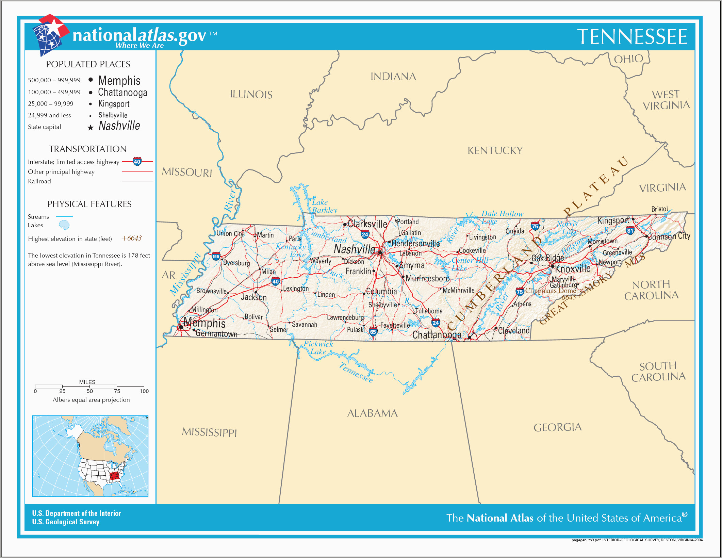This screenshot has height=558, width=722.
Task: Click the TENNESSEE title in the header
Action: pyautogui.click(x=632, y=37)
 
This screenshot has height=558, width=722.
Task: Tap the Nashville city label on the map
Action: pyautogui.click(x=354, y=249)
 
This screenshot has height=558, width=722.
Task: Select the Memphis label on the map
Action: pyautogui.click(x=204, y=323)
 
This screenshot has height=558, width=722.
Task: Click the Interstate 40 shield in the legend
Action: pyautogui.click(x=137, y=162)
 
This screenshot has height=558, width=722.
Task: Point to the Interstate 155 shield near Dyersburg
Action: pyautogui.click(x=216, y=257)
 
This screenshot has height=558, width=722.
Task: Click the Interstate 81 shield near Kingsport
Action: pyautogui.click(x=630, y=230)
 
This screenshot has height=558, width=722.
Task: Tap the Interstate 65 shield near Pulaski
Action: pyautogui.click(x=373, y=332)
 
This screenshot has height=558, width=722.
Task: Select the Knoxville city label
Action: pyautogui.click(x=573, y=269)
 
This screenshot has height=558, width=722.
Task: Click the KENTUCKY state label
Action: pyautogui.click(x=495, y=151)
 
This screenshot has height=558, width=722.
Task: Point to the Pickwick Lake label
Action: pyautogui.click(x=318, y=348)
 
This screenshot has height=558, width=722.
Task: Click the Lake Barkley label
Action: pyautogui.click(x=324, y=206)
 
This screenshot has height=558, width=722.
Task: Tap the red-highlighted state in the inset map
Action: pyautogui.click(x=116, y=476)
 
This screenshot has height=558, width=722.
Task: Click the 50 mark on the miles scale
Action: pyautogui.click(x=89, y=391)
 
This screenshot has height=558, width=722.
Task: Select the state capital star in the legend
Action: pyautogui.click(x=91, y=128)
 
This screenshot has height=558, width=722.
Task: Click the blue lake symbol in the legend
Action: pyautogui.click(x=64, y=225)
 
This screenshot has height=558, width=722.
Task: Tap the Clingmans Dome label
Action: pyautogui.click(x=550, y=291)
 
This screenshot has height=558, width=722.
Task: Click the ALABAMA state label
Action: pyautogui.click(x=372, y=413)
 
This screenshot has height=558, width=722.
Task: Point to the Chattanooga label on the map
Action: pyautogui.click(x=437, y=335)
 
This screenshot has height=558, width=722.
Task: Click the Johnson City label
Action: pyautogui.click(x=669, y=236)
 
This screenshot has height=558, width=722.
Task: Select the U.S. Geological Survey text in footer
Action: pyautogui.click(x=66, y=522)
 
